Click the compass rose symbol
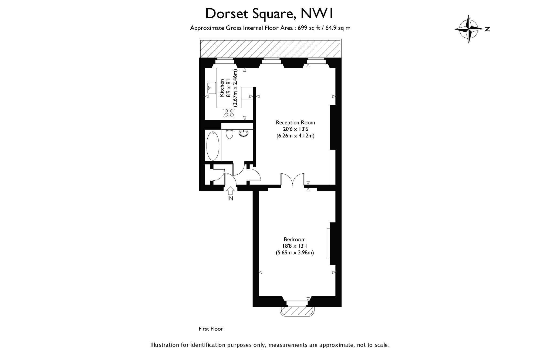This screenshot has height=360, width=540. tap(469, 29)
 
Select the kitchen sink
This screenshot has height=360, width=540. tap(211, 88)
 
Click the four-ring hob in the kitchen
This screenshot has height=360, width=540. tap(229, 113)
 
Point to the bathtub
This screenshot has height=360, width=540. tap(213, 146)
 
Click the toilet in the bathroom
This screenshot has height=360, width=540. tap(230, 134)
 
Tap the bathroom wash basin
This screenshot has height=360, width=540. tap(244, 133)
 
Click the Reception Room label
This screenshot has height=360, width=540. tap(295, 122)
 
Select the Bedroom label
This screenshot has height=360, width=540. tap(295, 239)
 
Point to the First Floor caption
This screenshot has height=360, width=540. tap(211, 329)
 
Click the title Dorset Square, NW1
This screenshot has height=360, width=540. tap(269, 14)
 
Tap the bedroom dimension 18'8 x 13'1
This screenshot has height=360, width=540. tap(295, 246)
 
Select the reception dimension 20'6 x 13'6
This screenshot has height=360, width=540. tap(295, 129)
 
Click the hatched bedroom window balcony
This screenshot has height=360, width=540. tap(297, 311)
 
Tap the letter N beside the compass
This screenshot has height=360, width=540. tap(487, 29)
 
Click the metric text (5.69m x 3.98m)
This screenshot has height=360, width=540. tap(295, 253)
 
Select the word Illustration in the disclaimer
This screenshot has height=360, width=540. tap(164, 345)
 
